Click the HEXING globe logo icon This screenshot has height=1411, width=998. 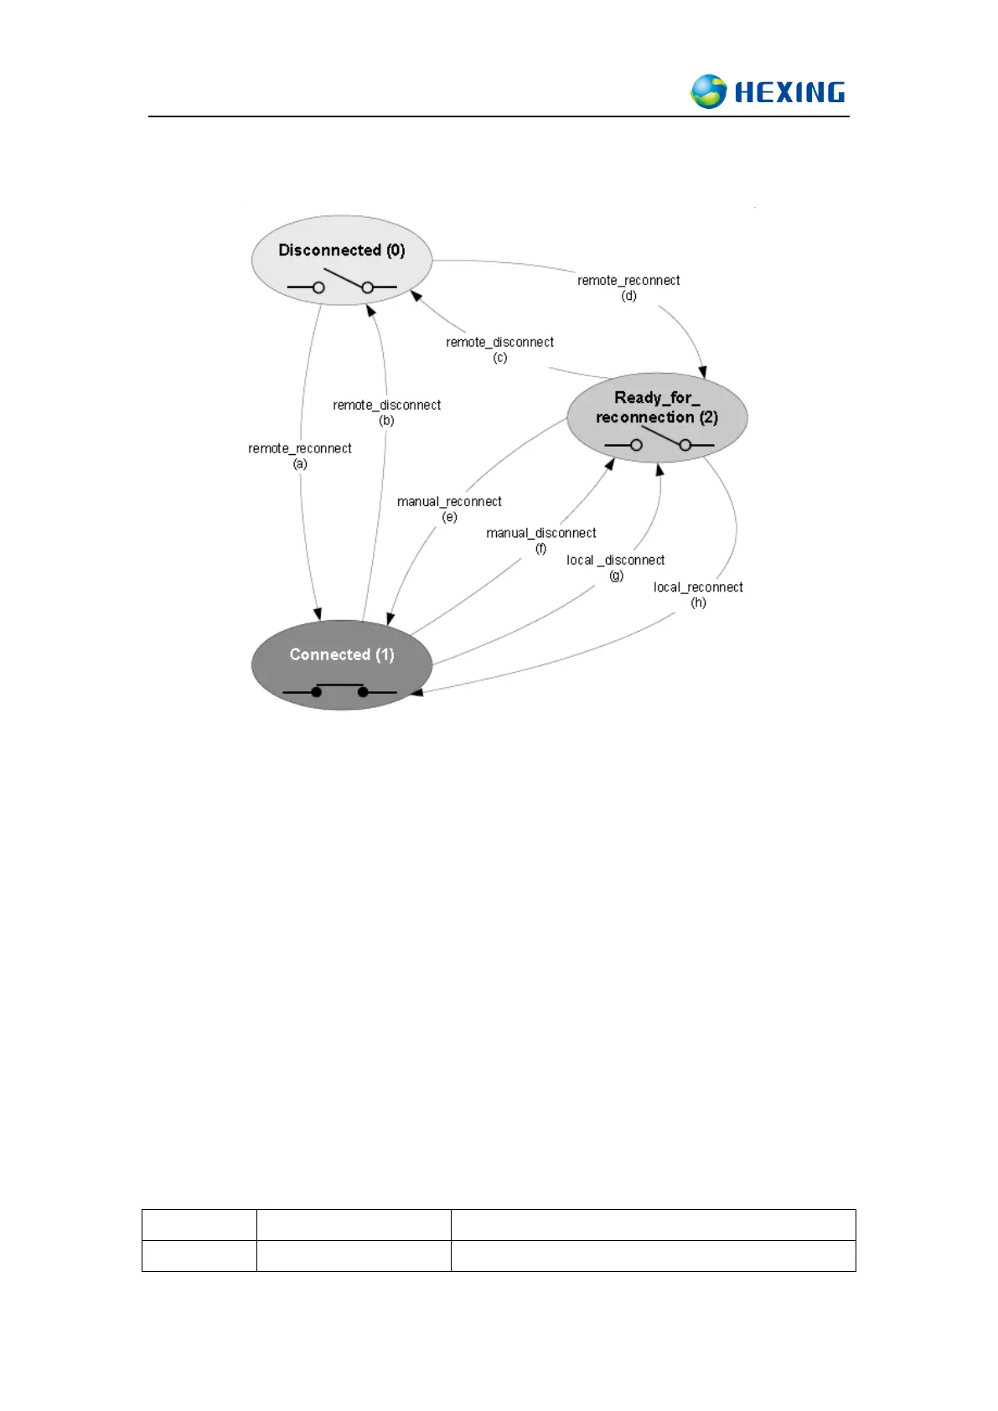[709, 91]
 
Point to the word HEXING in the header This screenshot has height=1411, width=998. [789, 92]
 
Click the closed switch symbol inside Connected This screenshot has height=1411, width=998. [339, 690]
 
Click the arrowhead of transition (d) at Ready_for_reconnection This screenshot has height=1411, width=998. [703, 372]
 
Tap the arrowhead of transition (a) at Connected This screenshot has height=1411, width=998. [318, 614]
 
